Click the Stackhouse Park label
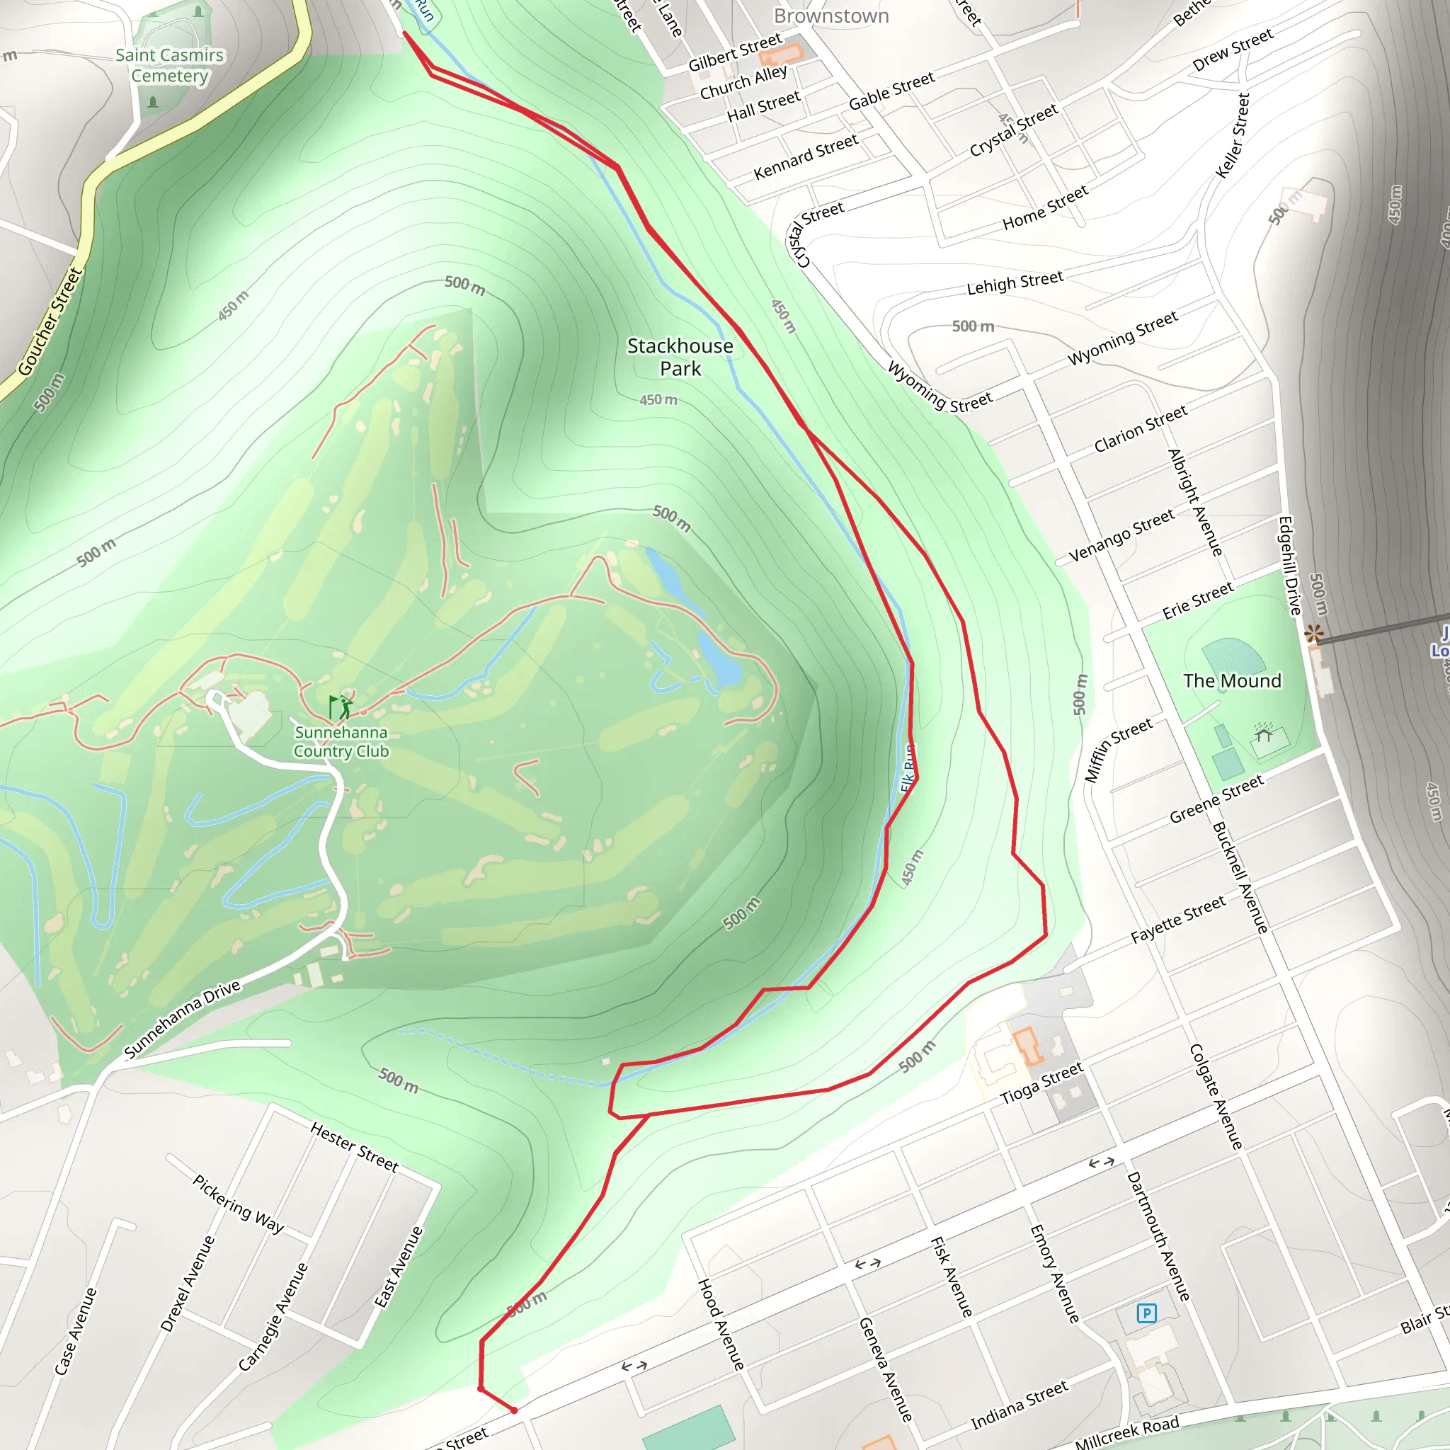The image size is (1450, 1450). [680, 358]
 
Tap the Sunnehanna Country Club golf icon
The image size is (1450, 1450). [340, 706]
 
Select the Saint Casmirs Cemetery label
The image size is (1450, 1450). [170, 65]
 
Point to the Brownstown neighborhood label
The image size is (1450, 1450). [830, 16]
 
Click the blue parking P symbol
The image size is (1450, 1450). [1146, 1313]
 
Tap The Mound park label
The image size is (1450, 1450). [1233, 680]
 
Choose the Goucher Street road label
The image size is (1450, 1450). [50, 321]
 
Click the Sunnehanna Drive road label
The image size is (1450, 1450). [183, 1018]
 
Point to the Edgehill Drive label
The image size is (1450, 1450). [1289, 566]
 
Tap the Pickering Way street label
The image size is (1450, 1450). [239, 1204]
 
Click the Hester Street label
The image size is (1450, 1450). [354, 1147]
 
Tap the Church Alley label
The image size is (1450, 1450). [743, 83]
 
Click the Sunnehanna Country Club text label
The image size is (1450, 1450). [341, 741]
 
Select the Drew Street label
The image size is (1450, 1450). [1233, 50]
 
